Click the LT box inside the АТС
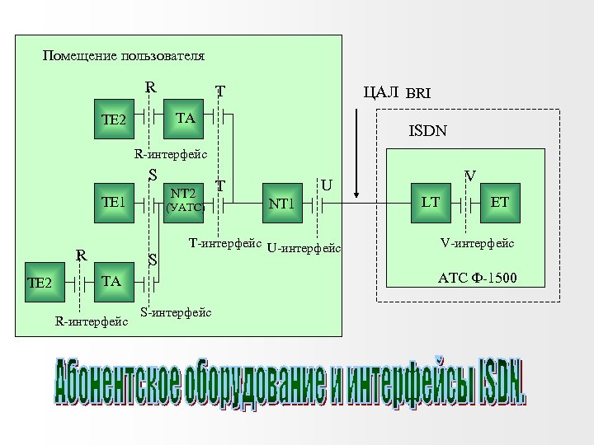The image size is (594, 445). (x=431, y=201)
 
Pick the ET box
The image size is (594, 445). (x=501, y=201)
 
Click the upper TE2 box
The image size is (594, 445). (x=113, y=120)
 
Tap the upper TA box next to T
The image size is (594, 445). (x=186, y=119)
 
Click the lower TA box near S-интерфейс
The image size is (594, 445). (x=111, y=281)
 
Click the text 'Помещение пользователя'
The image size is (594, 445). (x=124, y=56)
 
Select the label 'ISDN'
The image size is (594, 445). (x=428, y=130)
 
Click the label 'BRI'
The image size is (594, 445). (x=418, y=93)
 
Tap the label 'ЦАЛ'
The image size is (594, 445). (x=381, y=91)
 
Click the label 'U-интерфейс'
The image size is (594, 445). (x=304, y=248)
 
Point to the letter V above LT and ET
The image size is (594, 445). (x=469, y=175)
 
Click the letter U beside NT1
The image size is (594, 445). (x=326, y=185)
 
